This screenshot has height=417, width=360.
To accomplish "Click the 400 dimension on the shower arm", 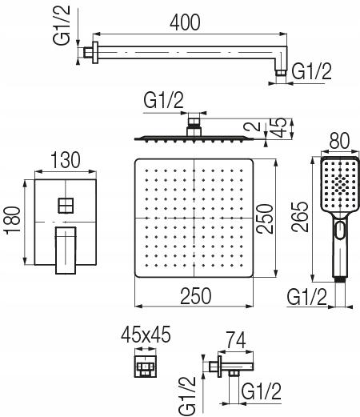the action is click(x=185, y=22).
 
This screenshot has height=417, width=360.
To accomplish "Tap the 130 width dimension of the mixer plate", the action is click(x=65, y=160).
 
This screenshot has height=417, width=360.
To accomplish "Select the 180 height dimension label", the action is click(x=14, y=220).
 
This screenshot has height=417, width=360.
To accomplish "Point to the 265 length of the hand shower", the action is click(x=300, y=217).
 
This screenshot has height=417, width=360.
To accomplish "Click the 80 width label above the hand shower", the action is click(x=339, y=141).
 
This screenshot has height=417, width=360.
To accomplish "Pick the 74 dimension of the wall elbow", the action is click(x=236, y=340).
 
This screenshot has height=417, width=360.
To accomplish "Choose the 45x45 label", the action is click(x=146, y=335).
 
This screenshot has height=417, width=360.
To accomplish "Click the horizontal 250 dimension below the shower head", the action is click(x=196, y=296).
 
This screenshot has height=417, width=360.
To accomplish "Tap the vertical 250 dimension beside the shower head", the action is click(x=265, y=219).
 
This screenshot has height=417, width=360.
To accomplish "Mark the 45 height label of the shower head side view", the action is click(x=279, y=127).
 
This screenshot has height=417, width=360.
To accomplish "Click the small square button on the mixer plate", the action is click(x=66, y=206).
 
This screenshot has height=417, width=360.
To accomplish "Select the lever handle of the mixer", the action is click(x=66, y=251).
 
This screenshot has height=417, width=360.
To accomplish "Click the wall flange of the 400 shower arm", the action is click(x=95, y=53).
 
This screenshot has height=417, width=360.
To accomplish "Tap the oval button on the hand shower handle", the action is click(x=340, y=230).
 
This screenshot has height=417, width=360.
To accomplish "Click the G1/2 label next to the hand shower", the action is click(x=307, y=297).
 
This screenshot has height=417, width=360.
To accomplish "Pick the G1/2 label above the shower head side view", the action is click(x=164, y=100).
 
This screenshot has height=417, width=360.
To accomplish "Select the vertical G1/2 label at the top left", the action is click(x=62, y=25).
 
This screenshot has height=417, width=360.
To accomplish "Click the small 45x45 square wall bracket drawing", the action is click(x=146, y=367).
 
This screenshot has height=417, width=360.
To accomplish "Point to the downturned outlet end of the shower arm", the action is click(x=281, y=72).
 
